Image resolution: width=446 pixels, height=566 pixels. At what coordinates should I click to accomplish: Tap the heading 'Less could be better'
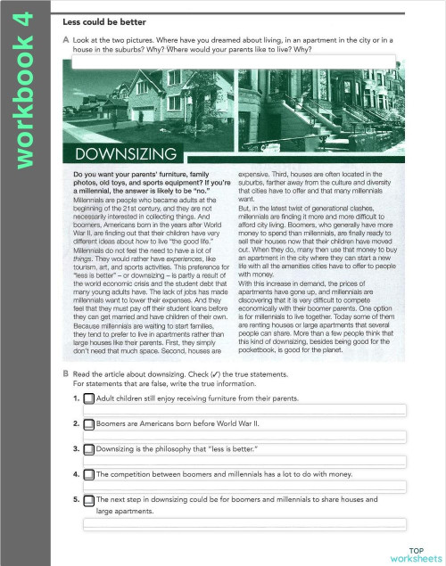tap(111, 19)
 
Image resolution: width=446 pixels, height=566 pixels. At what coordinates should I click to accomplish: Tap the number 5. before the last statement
tap(77, 500)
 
